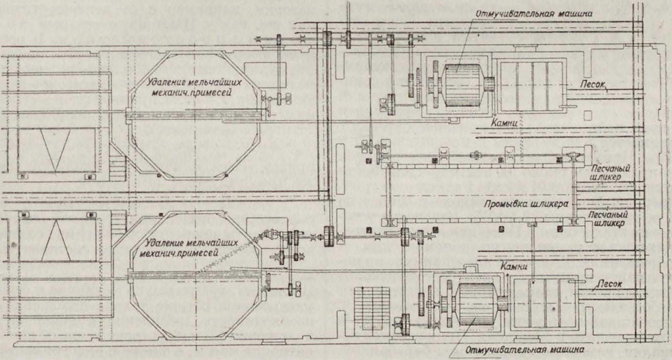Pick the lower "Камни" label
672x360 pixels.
point(514,267)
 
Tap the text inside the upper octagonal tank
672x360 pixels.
point(194,86)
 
